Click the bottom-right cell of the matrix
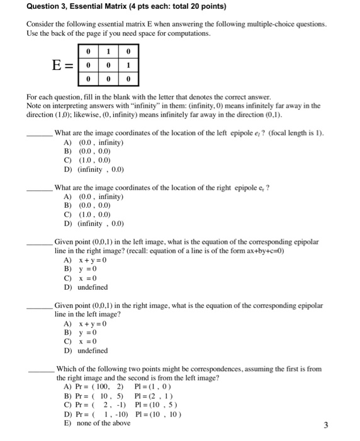[x=128, y=80]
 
